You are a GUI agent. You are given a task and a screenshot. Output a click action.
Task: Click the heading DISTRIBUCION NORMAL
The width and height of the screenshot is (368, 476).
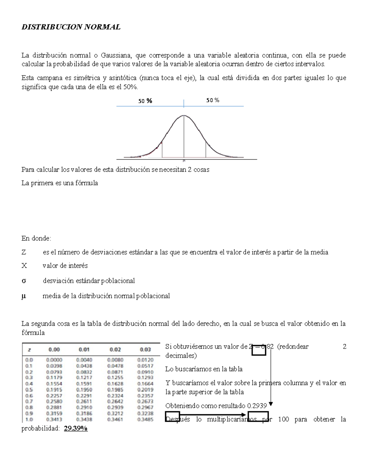click(x=71, y=27)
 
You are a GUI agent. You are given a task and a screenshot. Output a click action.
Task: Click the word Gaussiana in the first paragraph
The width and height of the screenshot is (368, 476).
click(x=116, y=55)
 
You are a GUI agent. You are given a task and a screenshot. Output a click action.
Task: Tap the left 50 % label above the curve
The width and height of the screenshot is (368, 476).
click(x=145, y=101)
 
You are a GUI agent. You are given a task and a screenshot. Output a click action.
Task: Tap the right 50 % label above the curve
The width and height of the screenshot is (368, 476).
click(x=213, y=100)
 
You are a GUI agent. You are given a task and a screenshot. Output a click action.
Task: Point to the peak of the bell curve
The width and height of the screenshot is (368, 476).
click(x=184, y=116)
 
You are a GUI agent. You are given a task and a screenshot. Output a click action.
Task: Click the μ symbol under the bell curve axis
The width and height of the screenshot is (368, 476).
click(x=184, y=160)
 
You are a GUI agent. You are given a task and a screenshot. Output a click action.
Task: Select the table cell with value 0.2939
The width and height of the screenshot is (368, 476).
click(x=115, y=407)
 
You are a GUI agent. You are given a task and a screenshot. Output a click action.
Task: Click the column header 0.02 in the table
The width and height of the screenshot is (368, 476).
click(x=115, y=349)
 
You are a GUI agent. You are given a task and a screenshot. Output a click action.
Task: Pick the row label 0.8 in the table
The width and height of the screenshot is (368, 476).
click(x=29, y=407)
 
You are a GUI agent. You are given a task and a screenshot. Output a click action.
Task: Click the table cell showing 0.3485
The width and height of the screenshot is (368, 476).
click(x=145, y=419)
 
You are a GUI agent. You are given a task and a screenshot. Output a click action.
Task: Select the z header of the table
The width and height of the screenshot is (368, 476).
click(x=29, y=349)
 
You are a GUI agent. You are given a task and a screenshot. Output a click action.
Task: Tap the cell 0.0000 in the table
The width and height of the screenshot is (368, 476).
click(x=54, y=360)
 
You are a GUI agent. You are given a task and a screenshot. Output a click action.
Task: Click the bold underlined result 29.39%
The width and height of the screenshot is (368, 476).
click(x=76, y=428)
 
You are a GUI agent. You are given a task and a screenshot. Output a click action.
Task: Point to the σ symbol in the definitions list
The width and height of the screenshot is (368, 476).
click(x=24, y=281)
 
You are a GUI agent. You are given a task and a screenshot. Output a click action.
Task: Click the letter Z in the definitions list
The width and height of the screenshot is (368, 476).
click(x=24, y=252)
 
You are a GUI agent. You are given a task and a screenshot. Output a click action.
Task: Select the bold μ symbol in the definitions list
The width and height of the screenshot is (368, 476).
click(x=24, y=296)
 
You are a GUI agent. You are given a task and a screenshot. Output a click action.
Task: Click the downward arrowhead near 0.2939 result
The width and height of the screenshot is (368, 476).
click(x=271, y=404)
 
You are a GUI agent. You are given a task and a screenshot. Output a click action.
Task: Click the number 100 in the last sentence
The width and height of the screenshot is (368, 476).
click(x=283, y=419)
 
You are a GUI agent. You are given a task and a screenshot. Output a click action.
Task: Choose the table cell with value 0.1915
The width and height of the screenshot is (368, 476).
click(x=54, y=390)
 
